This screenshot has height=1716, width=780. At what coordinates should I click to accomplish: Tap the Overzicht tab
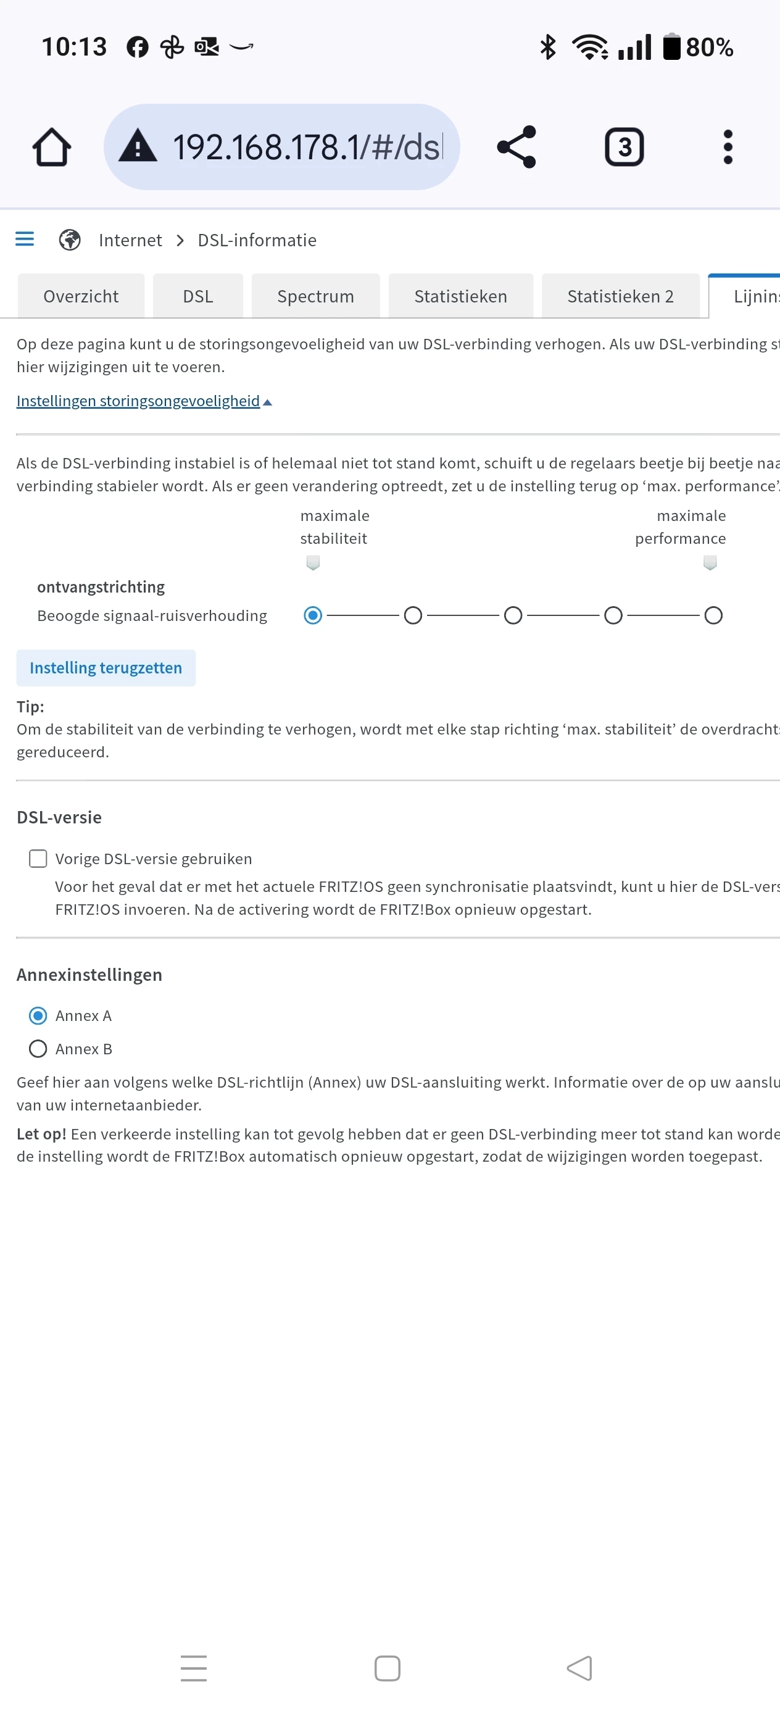click(x=81, y=296)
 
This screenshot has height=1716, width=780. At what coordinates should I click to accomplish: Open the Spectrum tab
click(x=315, y=296)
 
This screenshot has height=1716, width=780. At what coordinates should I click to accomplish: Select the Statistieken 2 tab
click(x=620, y=296)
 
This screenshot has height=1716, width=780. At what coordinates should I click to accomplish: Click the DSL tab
click(x=198, y=296)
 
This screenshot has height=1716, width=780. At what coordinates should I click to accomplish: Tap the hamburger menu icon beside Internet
click(x=25, y=239)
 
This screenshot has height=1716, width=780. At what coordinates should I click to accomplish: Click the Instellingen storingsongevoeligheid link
click(x=138, y=401)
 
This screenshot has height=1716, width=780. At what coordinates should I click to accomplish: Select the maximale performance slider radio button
click(x=713, y=615)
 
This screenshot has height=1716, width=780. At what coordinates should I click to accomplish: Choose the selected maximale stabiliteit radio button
click(x=312, y=615)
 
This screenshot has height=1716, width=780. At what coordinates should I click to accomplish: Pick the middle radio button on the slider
click(x=513, y=615)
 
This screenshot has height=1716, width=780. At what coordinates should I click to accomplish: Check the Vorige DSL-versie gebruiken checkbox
click(x=38, y=859)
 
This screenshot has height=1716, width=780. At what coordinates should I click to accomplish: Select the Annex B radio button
click(x=38, y=1049)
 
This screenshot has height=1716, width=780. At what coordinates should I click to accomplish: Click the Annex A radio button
click(x=38, y=1016)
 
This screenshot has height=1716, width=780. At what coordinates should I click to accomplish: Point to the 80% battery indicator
click(x=698, y=48)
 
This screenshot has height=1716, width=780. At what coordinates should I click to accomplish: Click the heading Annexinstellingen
click(x=89, y=975)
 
